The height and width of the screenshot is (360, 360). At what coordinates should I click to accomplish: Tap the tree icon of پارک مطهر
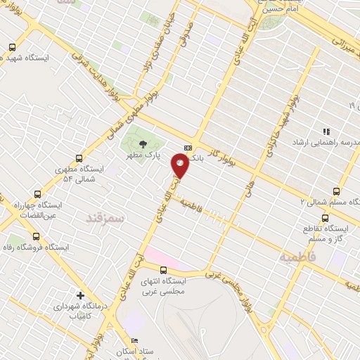(143, 143)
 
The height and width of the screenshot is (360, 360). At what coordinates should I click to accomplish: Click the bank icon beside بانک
(188, 148)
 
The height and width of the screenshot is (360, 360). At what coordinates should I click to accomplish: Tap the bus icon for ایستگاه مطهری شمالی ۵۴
(78, 158)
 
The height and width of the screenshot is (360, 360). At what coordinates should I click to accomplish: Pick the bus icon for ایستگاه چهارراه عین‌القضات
(37, 193)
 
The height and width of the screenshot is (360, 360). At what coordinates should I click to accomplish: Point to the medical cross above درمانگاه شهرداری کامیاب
(81, 296)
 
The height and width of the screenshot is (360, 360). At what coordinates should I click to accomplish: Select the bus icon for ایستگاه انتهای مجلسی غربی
(164, 270)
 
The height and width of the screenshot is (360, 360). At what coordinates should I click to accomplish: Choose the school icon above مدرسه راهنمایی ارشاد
(326, 131)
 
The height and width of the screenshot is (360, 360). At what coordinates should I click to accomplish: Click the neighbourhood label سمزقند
(104, 219)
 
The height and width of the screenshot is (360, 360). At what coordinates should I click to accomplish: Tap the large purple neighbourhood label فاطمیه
(297, 257)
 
